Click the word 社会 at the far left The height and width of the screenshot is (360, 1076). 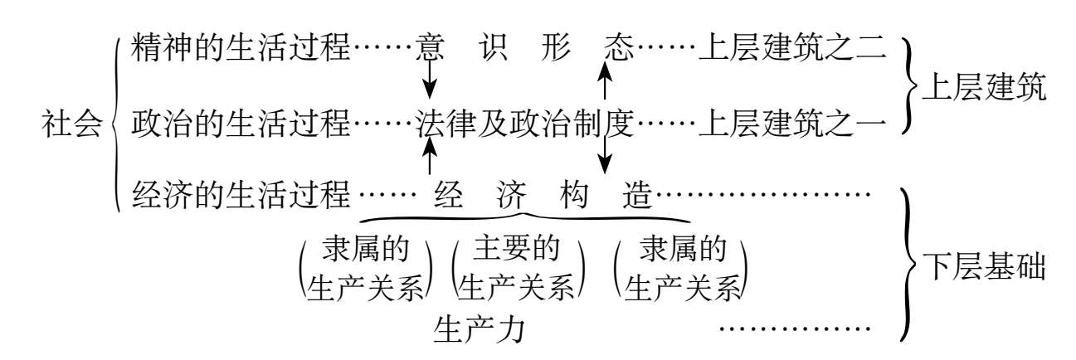click(x=72, y=124)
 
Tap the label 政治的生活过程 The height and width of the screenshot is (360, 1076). click(x=241, y=124)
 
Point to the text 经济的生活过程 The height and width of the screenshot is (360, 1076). click(x=241, y=198)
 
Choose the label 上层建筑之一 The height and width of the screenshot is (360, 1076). click(x=793, y=124)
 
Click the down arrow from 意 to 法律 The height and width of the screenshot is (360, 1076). click(x=429, y=81)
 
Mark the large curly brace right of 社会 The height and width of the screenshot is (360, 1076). click(x=114, y=124)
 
